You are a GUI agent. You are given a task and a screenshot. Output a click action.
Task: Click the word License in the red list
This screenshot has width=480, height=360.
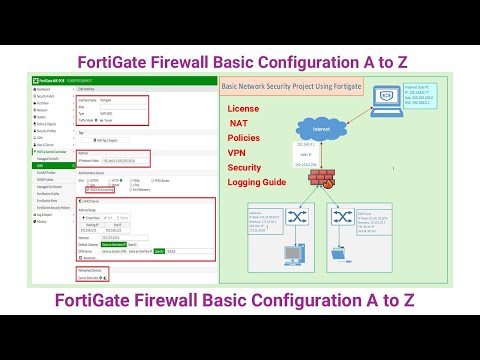click(x=244, y=107)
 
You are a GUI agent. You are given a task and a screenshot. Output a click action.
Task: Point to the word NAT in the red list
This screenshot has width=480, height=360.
click(x=240, y=122)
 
